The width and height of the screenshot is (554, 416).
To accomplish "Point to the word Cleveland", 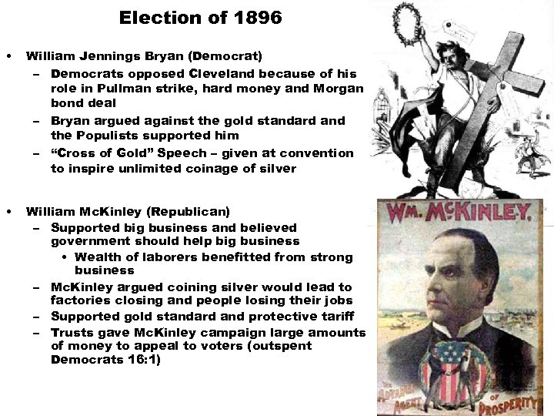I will (x=222, y=74).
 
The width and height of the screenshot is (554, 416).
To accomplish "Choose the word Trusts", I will (x=72, y=332).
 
